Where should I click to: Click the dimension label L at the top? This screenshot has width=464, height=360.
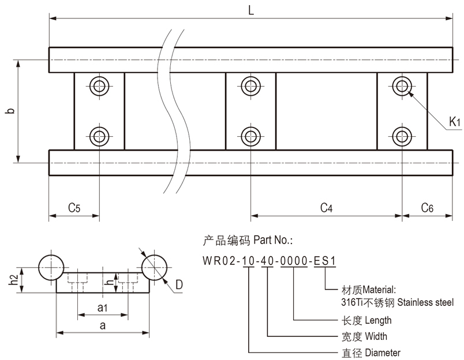pyautogui.click(x=251, y=10)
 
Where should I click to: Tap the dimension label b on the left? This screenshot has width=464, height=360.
pyautogui.click(x=8, y=110)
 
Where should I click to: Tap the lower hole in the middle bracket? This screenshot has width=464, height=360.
pyautogui.click(x=250, y=137)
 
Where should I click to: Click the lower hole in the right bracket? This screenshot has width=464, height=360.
pyautogui.click(x=402, y=137)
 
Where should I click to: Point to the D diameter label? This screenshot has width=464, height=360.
pyautogui.click(x=179, y=284)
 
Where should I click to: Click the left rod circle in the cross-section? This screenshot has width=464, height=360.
pyautogui.click(x=51, y=267)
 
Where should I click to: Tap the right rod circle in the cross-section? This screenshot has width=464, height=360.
pyautogui.click(x=154, y=267)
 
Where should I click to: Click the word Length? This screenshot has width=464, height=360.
pyautogui.click(x=379, y=320)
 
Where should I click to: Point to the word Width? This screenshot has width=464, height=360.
pyautogui.click(x=376, y=336)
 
